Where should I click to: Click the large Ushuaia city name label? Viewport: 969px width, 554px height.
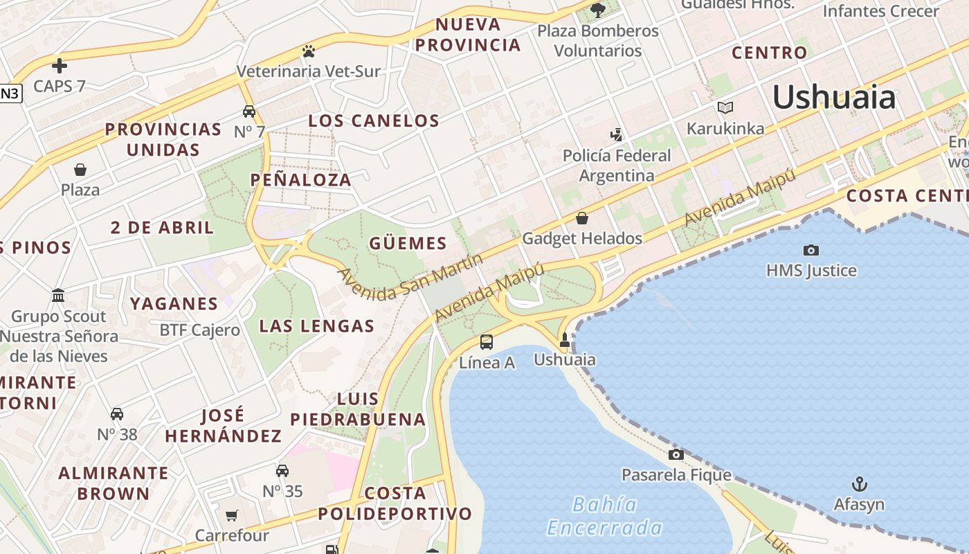click(834, 97)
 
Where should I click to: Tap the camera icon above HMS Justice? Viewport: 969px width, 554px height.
click(810, 250)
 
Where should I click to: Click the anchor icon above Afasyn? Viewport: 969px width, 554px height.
click(859, 483)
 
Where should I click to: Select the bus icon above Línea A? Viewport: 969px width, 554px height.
click(487, 341)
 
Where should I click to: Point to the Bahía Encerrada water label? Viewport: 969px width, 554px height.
click(604, 516)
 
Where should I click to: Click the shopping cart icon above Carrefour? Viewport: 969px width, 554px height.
click(232, 515)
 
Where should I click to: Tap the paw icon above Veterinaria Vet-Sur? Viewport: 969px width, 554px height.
click(308, 51)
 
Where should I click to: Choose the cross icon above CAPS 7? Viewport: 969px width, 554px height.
click(60, 66)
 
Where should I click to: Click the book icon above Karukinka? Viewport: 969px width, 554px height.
click(725, 108)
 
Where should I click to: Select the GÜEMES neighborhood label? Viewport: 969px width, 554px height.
click(408, 243)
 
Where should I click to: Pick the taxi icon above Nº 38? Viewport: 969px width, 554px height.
click(117, 414)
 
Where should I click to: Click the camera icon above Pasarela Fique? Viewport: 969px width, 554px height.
click(676, 454)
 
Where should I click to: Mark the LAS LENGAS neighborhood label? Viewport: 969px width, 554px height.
click(316, 326)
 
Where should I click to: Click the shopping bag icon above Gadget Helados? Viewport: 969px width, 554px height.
click(582, 218)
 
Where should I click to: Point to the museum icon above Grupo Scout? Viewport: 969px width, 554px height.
click(58, 296)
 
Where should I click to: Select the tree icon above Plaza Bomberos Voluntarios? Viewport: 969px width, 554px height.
click(598, 10)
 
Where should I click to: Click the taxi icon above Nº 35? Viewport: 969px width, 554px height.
click(282, 471)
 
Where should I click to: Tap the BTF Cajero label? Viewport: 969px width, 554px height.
click(199, 330)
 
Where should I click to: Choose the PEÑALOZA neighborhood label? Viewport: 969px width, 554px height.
click(300, 180)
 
